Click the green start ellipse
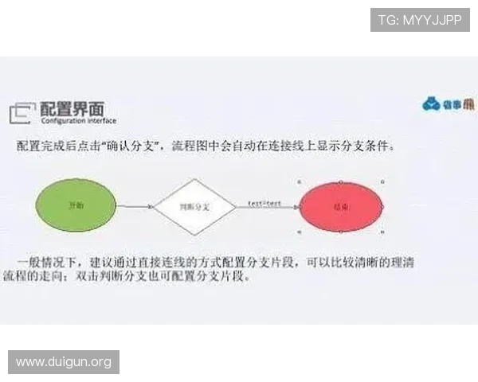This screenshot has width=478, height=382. [x=77, y=205]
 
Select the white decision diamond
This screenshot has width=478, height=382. [x=194, y=207]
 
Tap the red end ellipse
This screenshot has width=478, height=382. [x=342, y=206]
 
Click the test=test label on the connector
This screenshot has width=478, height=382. [x=264, y=204]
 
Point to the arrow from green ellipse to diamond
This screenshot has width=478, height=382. [x=135, y=207]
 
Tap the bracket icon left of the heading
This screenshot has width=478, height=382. [x=22, y=113]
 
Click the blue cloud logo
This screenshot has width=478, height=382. [x=432, y=103]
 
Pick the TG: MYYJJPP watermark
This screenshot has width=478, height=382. [x=420, y=19]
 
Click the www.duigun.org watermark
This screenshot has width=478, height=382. [x=64, y=362]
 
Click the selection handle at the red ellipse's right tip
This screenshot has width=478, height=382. [x=384, y=207]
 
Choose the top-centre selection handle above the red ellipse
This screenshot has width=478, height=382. [x=342, y=181]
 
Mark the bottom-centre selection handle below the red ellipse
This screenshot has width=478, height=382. [x=342, y=232]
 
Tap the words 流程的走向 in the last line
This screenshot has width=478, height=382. [x=47, y=277]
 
